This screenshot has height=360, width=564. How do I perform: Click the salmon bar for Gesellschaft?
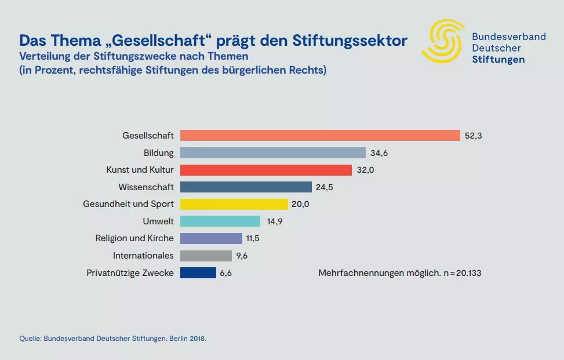321,136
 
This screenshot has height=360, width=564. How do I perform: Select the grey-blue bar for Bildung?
273,153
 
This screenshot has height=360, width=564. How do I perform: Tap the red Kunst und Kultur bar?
266,170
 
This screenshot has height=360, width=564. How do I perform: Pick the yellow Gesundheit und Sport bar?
234,204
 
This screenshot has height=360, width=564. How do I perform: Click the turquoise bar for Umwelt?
220,221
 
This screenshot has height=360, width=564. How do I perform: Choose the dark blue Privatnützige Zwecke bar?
198,272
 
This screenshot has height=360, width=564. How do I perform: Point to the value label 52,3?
474,136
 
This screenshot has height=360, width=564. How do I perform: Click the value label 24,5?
325,187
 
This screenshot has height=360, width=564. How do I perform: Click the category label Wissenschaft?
146,187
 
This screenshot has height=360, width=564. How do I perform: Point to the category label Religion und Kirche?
134,238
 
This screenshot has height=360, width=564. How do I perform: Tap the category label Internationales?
143,256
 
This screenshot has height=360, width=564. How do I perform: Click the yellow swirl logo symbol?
443,41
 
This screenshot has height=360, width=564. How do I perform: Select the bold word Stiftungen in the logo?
498,60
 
